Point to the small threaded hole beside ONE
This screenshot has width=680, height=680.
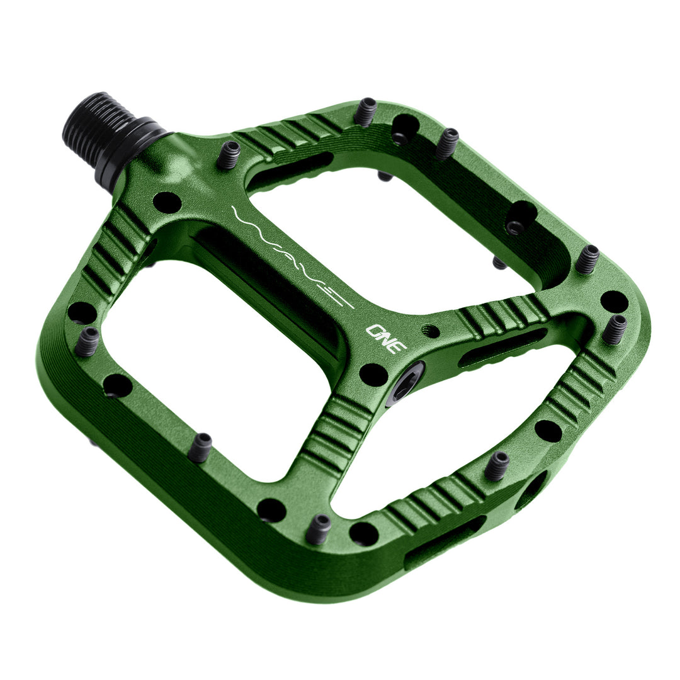(x=431, y=330)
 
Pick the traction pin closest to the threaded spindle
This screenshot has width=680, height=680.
(x=229, y=154)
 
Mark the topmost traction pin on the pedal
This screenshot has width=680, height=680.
(x=365, y=113)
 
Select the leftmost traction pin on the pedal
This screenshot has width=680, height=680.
(x=88, y=341)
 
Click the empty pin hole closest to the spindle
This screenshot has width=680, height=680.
(x=167, y=202)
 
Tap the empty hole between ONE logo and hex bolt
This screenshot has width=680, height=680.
(x=373, y=374)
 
